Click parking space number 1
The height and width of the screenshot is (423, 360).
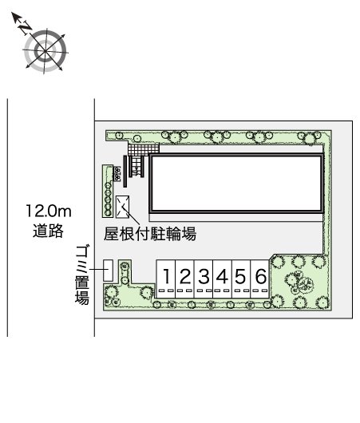coord(166,278)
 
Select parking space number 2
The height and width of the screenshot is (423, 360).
coord(184,278)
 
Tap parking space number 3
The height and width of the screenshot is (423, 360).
coord(204,278)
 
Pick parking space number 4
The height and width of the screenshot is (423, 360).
coord(223,278)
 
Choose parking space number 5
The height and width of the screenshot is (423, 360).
coord(241,278)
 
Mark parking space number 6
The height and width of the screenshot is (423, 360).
coord(260,278)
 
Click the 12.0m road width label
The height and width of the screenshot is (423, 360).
coord(49,212)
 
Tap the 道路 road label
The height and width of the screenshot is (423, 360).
coord(49,231)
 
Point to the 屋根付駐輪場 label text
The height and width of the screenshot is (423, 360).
coord(150,234)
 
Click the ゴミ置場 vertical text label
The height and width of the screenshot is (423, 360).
coord(81,275)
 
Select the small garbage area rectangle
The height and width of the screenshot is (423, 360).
coord(108,271)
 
